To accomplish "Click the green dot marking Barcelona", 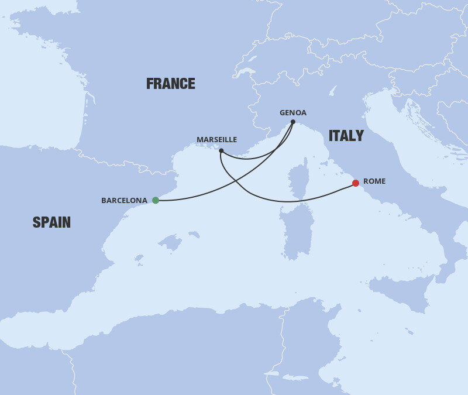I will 156,200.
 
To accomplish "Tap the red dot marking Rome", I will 355,183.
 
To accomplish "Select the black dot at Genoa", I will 293,122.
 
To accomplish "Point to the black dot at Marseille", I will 221,151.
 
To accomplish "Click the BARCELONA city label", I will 124,200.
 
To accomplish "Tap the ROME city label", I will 374,181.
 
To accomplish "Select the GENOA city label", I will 293,113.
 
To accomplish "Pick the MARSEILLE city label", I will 216,140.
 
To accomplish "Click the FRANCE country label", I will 171,84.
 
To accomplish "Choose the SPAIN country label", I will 51,222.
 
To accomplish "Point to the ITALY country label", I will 346,136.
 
